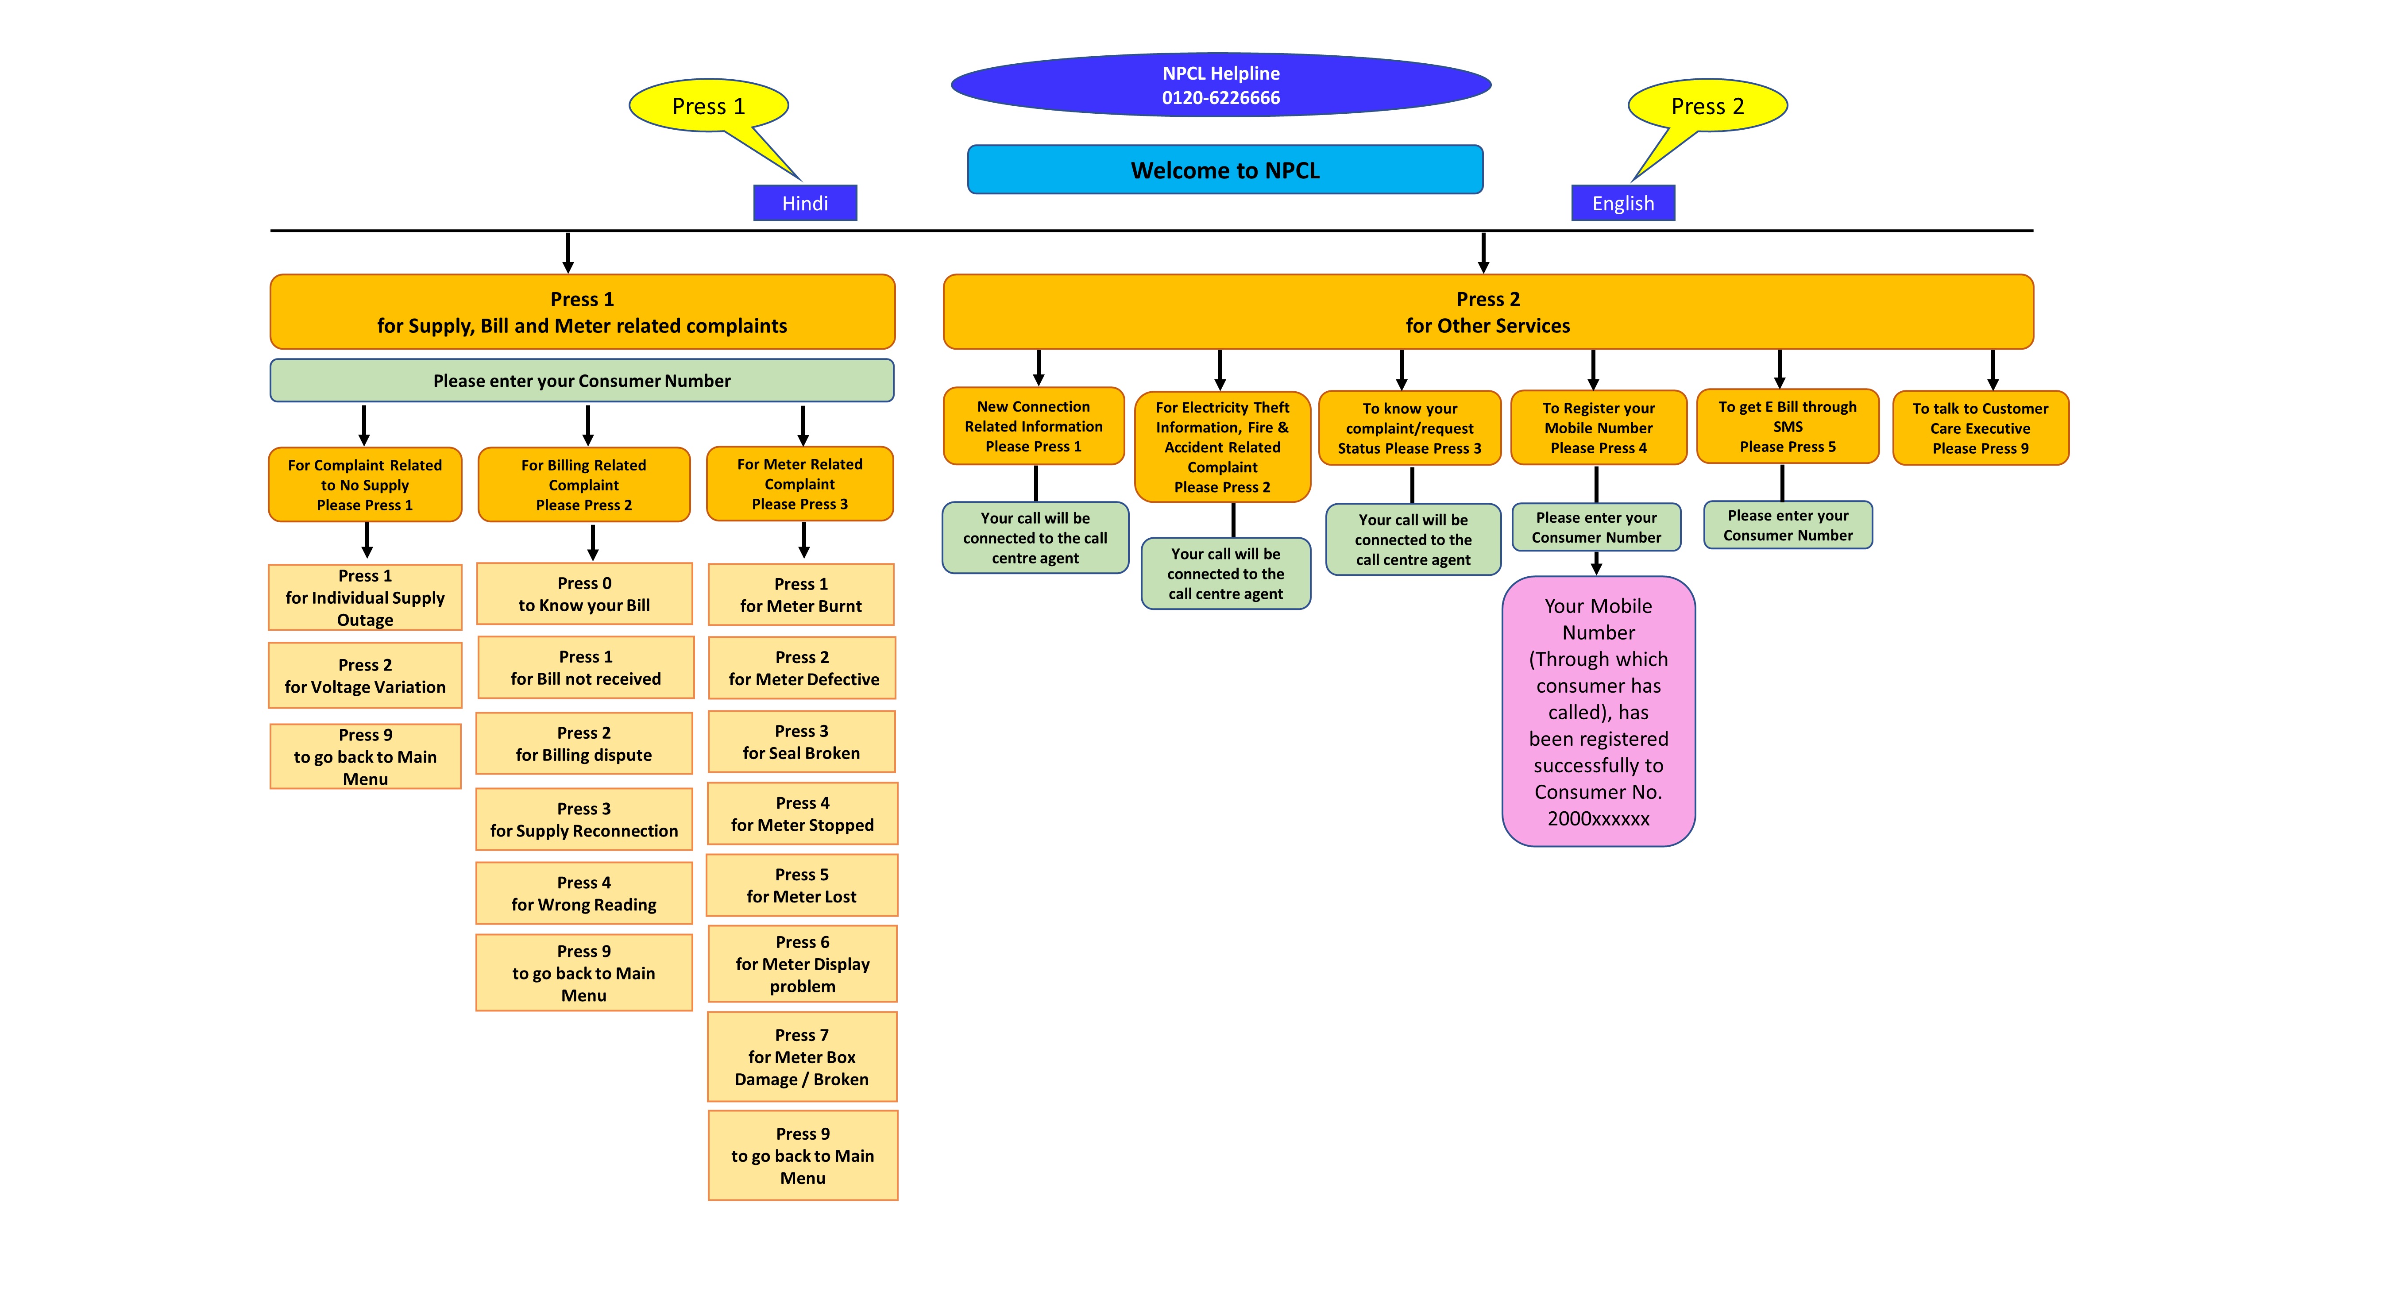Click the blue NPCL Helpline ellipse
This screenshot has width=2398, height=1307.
pos(1220,85)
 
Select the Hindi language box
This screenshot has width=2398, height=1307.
pos(804,203)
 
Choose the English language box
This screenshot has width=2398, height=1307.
pos(1622,203)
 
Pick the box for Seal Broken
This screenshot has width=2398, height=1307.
pos(800,742)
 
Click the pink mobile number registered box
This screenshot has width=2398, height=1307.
pos(1599,712)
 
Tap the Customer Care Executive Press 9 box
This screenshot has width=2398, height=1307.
pos(1980,428)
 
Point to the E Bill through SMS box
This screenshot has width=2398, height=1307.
pos(1788,426)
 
